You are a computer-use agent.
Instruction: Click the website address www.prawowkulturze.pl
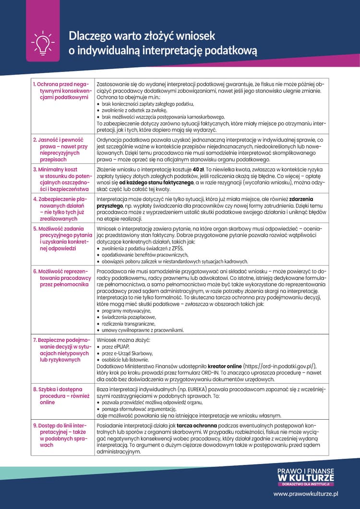tap(306, 493)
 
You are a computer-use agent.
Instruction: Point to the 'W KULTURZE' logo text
tap(306, 478)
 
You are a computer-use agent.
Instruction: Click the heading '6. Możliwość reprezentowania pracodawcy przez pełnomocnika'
tap(61, 278)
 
